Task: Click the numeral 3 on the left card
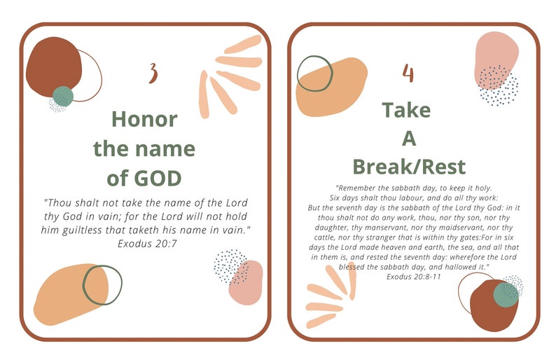click(x=153, y=72)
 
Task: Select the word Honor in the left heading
click(x=144, y=118)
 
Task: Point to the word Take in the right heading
click(x=406, y=110)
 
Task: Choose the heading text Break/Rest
click(x=409, y=167)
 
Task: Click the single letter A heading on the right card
click(x=408, y=139)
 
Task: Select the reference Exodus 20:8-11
click(x=414, y=277)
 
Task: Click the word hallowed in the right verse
click(x=451, y=267)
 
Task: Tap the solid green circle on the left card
click(x=63, y=96)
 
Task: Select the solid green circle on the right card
click(x=506, y=294)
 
